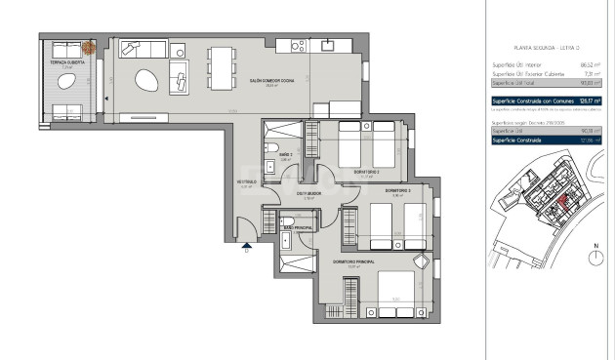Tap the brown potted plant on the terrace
tap(88, 47)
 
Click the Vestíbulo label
tap(247, 181)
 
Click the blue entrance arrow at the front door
tap(247, 247)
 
